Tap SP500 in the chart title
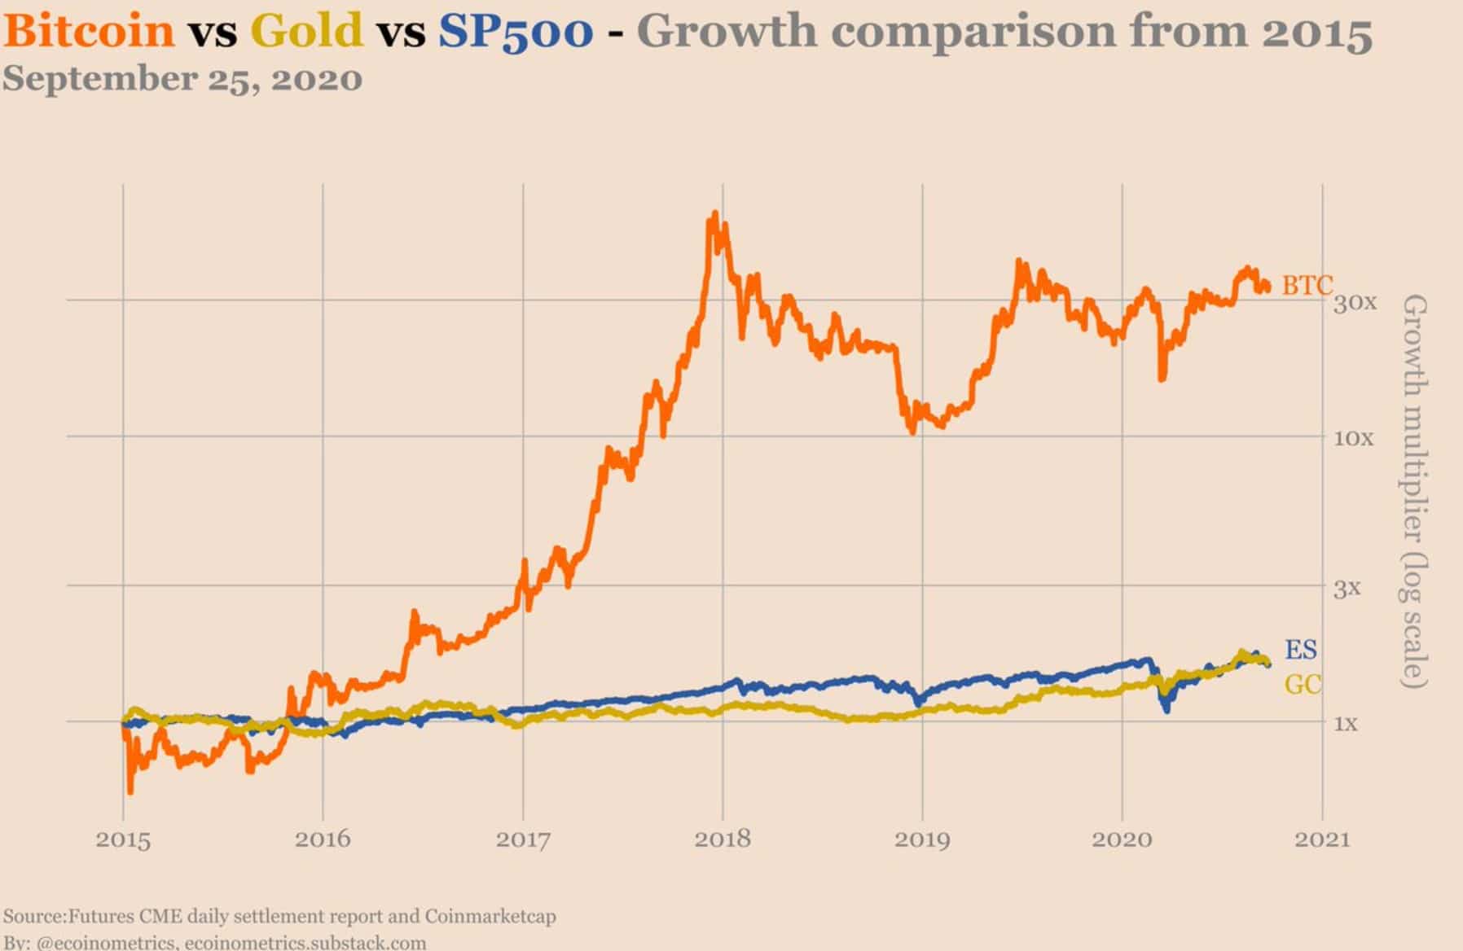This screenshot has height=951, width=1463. (x=515, y=33)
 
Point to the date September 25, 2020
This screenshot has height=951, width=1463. (x=182, y=80)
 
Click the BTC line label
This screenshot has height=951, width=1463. (x=1307, y=285)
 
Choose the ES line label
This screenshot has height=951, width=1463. (x=1300, y=650)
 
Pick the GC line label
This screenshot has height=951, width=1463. (x=1302, y=685)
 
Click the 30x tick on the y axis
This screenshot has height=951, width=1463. (x=1355, y=303)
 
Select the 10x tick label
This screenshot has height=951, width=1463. (x=1353, y=439)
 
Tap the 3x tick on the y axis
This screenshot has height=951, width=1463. (x=1347, y=588)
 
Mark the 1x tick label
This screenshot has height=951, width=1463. (x=1345, y=723)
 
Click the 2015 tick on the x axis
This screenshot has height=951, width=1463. (x=123, y=839)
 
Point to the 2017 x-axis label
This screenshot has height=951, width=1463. (x=523, y=839)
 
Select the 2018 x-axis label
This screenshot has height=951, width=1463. (x=723, y=839)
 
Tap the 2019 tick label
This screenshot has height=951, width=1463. (x=922, y=839)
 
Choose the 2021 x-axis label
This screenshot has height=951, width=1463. (x=1322, y=839)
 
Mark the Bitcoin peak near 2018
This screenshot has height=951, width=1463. (x=714, y=215)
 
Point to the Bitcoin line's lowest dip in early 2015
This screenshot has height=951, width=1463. (x=130, y=790)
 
